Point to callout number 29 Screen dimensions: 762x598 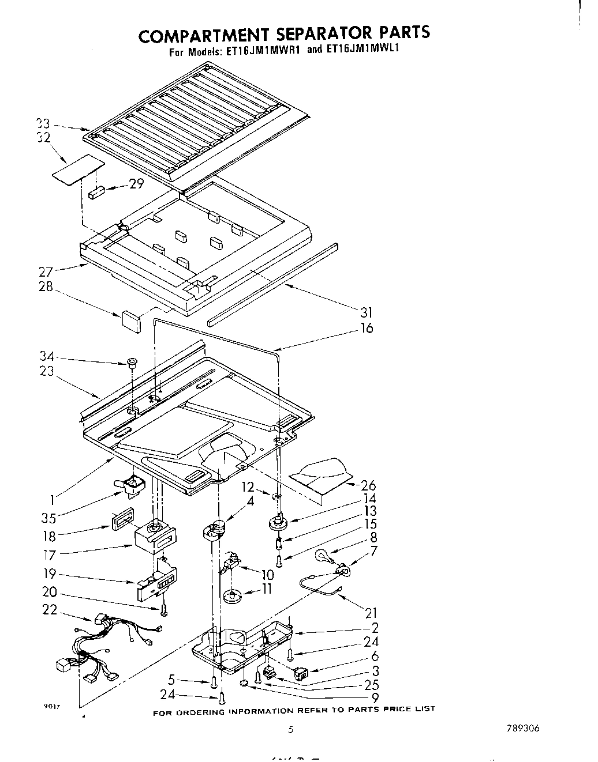(136, 184)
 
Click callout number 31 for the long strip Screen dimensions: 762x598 (366, 313)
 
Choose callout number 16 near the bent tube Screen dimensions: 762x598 (367, 328)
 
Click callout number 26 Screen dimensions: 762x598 (368, 485)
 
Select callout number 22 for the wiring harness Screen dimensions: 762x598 (50, 609)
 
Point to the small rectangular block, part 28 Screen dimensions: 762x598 (131, 320)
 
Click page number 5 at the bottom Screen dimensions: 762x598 (291, 729)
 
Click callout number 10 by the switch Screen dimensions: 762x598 (267, 575)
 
